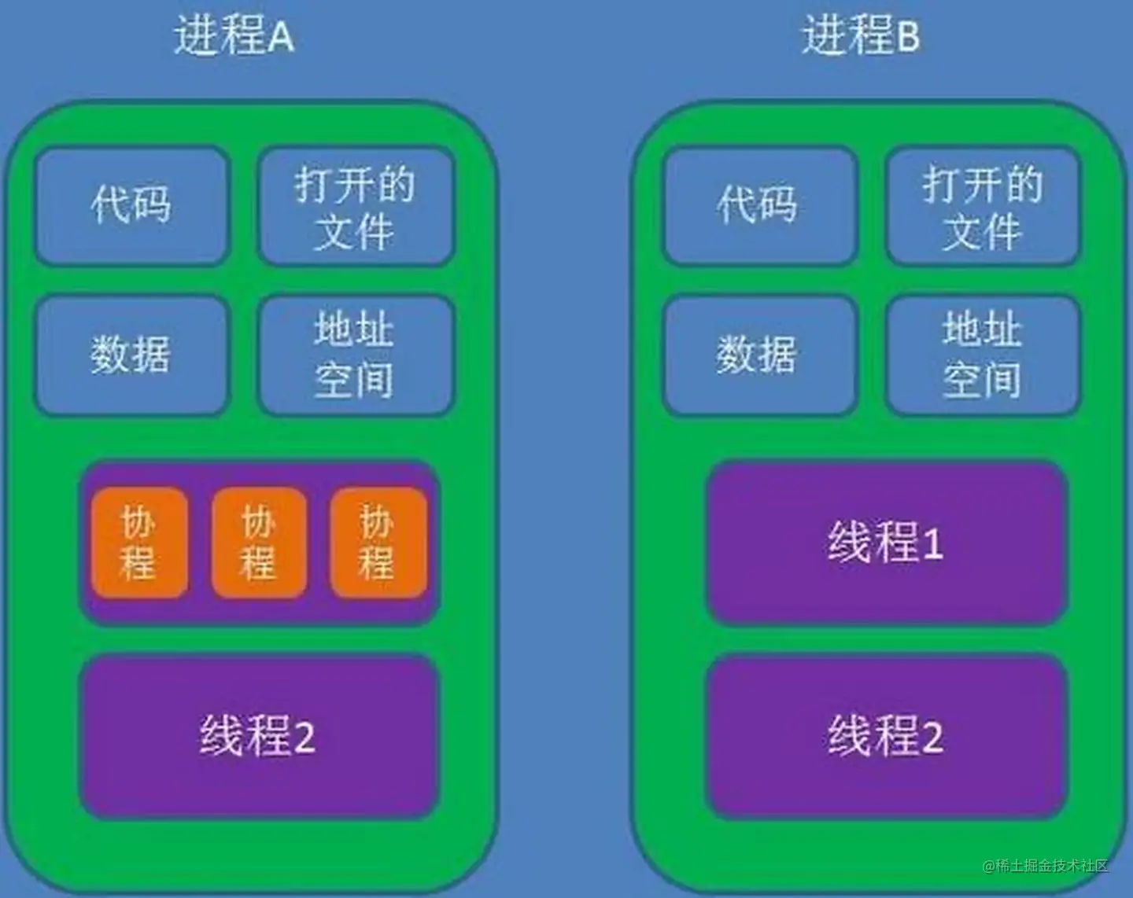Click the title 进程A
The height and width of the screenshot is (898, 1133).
[234, 37]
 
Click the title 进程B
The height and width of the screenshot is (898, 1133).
[861, 37]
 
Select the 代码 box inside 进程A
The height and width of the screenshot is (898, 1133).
[132, 205]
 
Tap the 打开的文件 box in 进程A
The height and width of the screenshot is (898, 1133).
[356, 207]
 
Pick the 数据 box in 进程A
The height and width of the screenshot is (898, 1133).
[132, 355]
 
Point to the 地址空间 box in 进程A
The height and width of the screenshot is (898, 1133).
[356, 355]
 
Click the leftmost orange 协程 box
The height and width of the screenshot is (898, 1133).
[139, 543]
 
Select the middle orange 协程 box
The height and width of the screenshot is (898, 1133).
[259, 543]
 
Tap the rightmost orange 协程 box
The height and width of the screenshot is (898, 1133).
[378, 543]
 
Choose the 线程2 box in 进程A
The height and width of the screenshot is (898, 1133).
[258, 737]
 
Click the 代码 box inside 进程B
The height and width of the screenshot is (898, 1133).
[759, 205]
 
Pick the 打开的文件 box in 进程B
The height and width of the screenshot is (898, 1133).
[983, 207]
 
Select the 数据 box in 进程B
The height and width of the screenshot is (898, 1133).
[759, 355]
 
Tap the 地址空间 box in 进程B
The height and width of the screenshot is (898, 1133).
[983, 355]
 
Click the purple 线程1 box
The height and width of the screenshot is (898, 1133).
[886, 543]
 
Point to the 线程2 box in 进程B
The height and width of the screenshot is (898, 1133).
[886, 737]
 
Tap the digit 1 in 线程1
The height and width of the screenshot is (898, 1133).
[933, 544]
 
